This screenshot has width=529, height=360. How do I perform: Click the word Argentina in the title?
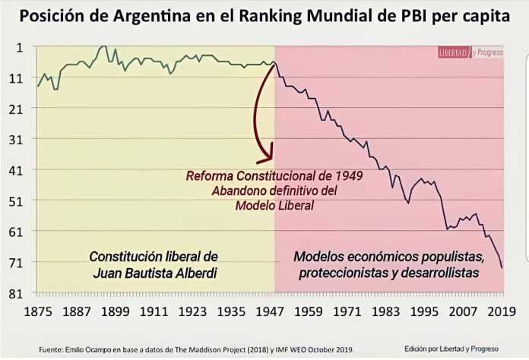click(149, 17)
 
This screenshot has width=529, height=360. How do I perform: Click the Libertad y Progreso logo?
click(470, 53)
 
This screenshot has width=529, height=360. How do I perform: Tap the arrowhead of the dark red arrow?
click(266, 158)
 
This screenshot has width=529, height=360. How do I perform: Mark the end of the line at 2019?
click(502, 267)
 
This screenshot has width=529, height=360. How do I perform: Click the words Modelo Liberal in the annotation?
click(274, 205)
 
